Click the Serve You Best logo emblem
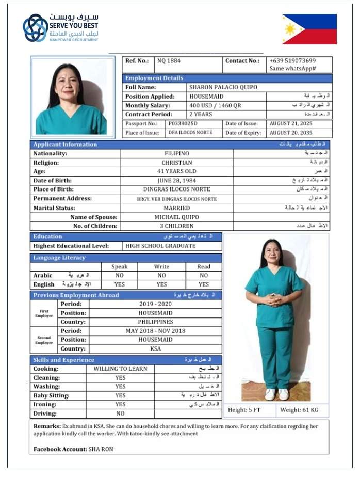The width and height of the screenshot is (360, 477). [x=35, y=28]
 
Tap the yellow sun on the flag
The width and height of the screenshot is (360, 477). [x=290, y=29]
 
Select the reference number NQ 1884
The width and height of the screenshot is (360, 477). [x=169, y=61]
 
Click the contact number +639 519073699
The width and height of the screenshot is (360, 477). [x=292, y=61]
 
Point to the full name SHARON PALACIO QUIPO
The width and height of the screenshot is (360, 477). [x=223, y=87]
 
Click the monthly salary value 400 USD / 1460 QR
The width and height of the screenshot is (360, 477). [x=215, y=105]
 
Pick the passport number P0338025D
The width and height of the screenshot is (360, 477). [x=183, y=124]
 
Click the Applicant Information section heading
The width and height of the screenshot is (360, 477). [x=65, y=145]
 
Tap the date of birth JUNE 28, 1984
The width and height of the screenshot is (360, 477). [x=176, y=180]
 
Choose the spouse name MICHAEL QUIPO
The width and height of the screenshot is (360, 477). [x=176, y=217]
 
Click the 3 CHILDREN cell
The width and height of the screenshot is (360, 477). [x=176, y=226]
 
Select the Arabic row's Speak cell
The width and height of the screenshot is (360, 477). [x=120, y=276]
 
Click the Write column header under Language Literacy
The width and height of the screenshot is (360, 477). [x=161, y=266]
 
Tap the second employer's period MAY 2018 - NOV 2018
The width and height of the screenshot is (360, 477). [x=155, y=331]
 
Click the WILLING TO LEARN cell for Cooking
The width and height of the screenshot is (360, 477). [x=120, y=369]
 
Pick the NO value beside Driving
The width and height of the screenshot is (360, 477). [x=120, y=414]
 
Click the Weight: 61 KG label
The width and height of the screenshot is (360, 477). [x=299, y=410]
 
